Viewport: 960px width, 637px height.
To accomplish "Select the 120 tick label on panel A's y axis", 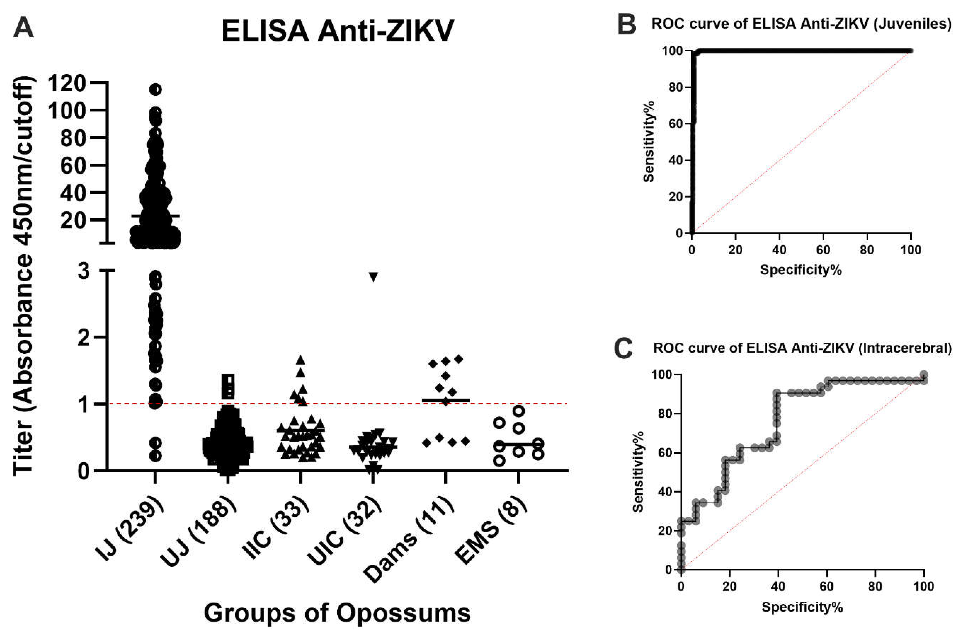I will pos(67,84).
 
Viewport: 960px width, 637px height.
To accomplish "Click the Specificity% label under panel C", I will pos(802,607).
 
